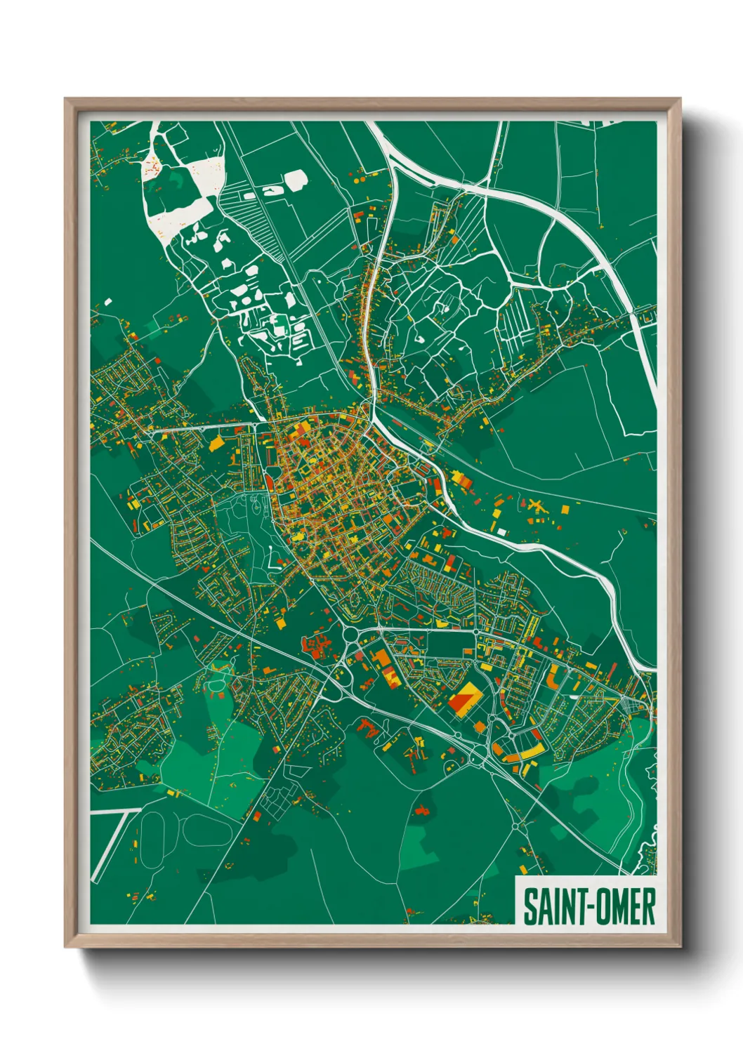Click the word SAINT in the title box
[546, 907]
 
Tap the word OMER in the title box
[627, 907]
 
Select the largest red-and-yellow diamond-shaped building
[464, 699]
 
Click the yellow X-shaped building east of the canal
[537, 505]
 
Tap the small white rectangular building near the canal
[501, 532]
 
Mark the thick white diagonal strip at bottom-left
[109, 846]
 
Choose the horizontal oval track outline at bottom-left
[208, 832]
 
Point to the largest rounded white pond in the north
[295, 180]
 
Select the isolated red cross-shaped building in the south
[421, 811]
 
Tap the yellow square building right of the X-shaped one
[565, 509]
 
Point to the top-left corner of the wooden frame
[65, 99]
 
